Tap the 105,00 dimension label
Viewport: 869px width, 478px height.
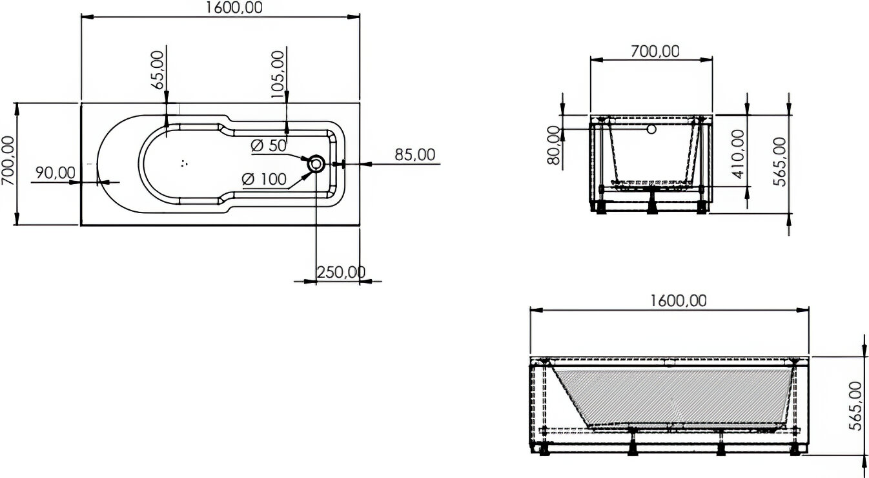[x=278, y=75]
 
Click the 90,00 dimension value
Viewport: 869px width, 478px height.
[x=55, y=172]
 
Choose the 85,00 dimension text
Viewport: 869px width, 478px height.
[x=414, y=155]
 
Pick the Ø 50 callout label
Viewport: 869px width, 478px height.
[x=269, y=146]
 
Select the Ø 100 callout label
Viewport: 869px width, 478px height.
[x=264, y=180]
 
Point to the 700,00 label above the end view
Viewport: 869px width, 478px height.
[x=655, y=51]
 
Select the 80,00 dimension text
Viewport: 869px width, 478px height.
[x=554, y=145]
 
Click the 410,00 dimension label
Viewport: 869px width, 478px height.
[x=737, y=154]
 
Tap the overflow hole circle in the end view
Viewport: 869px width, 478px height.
[x=651, y=129]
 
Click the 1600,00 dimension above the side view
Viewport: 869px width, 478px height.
[x=678, y=300]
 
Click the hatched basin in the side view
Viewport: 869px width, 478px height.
[x=671, y=395]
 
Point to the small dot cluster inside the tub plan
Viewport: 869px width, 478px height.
[x=185, y=163]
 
